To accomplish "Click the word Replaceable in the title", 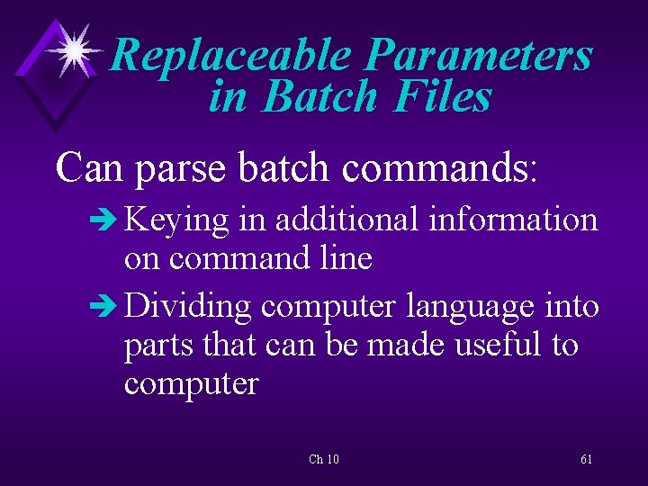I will (230, 56).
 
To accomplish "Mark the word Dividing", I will (187, 306).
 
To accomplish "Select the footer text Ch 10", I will (323, 459).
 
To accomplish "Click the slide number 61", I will (586, 459).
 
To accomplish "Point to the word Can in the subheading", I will (89, 167).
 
